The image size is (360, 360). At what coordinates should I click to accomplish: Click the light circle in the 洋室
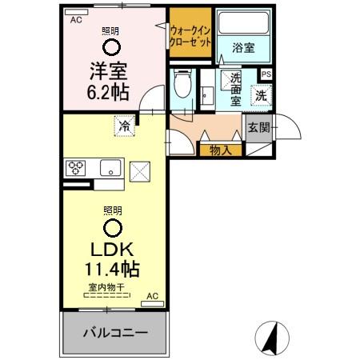pyautogui.click(x=111, y=46)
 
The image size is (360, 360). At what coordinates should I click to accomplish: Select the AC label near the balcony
pyautogui.click(x=152, y=295)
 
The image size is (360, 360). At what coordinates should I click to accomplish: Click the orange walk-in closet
pyautogui.click(x=190, y=34)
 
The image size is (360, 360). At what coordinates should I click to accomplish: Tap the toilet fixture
pyautogui.click(x=182, y=84)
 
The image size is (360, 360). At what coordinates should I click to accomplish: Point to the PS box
pyautogui.click(x=266, y=74)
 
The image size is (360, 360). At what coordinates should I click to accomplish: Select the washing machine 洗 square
pyautogui.click(x=261, y=94)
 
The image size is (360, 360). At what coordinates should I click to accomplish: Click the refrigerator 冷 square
pyautogui.click(x=124, y=125)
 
